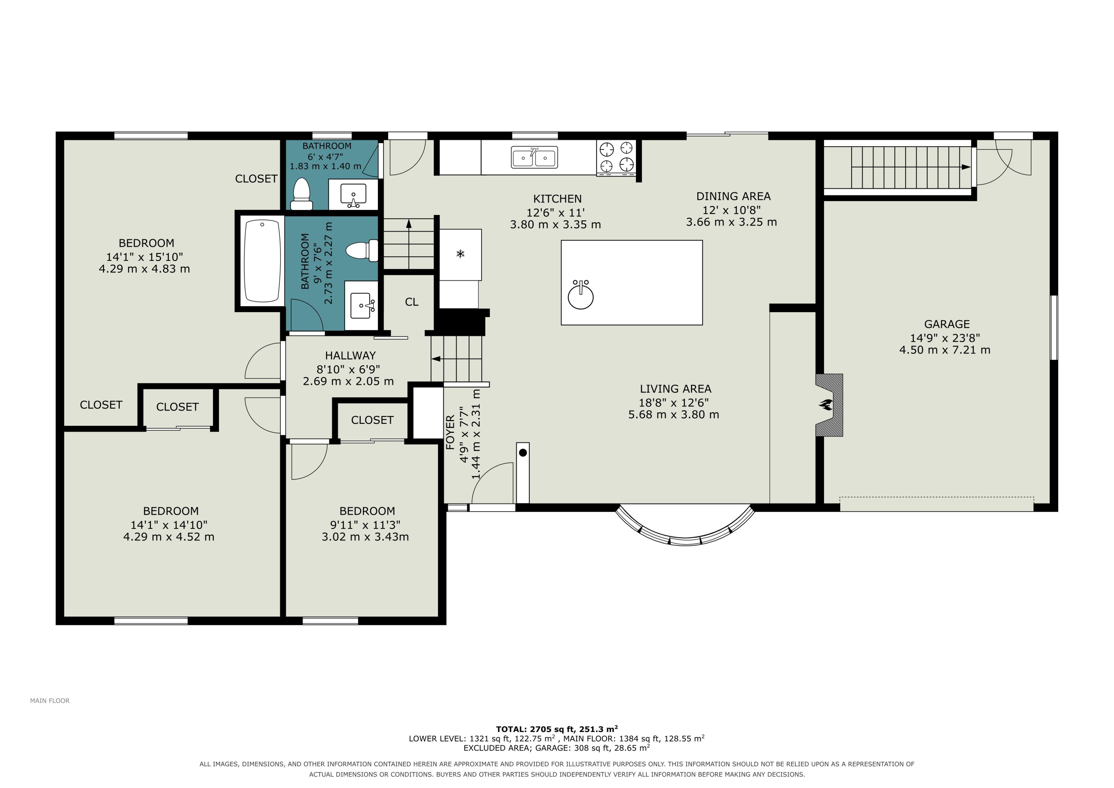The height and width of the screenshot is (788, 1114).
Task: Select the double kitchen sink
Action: [x=534, y=157]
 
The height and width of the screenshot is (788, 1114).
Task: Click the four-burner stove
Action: [x=616, y=157]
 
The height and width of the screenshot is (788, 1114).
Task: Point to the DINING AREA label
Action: [x=733, y=196]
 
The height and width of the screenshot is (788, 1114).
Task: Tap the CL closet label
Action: [x=411, y=302]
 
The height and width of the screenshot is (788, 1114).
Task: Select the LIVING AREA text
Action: [x=675, y=389]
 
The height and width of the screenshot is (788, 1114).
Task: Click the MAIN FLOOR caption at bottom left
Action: [x=50, y=701]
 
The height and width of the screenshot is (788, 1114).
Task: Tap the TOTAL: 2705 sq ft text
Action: [x=536, y=729]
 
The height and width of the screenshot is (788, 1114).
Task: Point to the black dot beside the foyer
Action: [x=522, y=453]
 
